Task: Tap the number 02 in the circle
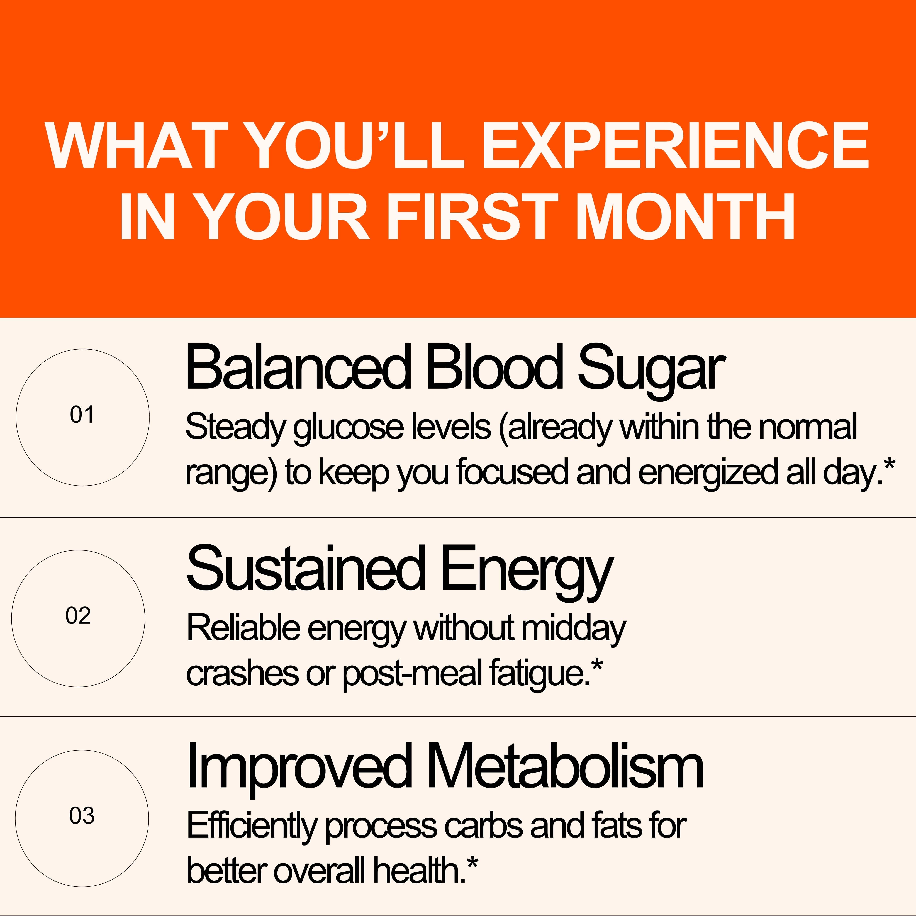coord(78,616)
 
